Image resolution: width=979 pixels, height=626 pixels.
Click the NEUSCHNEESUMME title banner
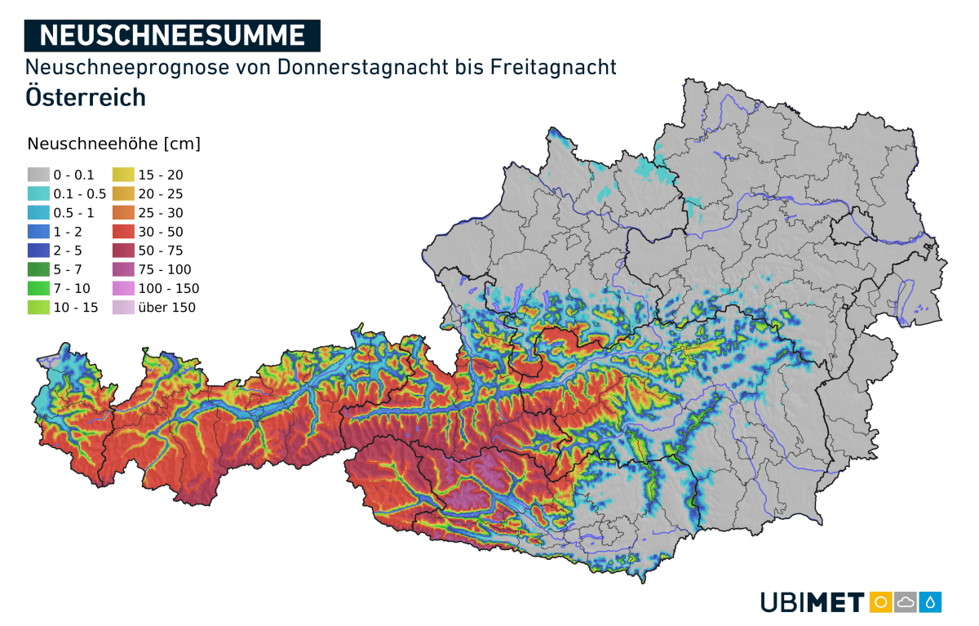point(172,35)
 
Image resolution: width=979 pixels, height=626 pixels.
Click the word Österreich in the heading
point(86,96)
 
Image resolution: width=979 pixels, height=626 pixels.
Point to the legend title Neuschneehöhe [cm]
point(113,144)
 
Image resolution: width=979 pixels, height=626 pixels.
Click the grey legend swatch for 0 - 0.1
point(38,175)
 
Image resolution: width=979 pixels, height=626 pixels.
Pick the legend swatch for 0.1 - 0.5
point(38,193)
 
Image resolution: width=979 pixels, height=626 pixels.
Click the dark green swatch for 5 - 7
point(38,269)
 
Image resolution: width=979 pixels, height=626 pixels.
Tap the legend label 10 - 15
point(75,308)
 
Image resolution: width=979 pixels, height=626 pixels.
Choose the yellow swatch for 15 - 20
point(123,175)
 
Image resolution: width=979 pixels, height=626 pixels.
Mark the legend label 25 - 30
point(161,213)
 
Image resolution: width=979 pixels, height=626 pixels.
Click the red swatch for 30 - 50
point(123,232)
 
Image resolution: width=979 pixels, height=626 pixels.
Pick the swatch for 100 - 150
point(123,288)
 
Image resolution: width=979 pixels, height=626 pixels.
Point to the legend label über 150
point(166,308)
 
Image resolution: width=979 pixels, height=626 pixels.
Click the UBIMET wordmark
point(812,603)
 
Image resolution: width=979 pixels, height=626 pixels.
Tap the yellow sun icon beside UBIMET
point(880,602)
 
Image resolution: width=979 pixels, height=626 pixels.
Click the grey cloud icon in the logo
point(906,602)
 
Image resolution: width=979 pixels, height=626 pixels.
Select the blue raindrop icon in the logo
point(931,602)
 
